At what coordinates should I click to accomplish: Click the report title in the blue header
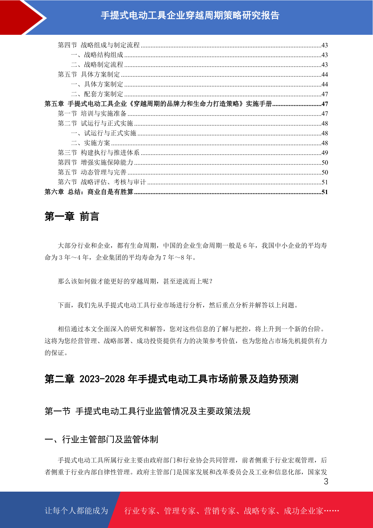[190, 15]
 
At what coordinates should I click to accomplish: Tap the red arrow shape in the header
[19, 17]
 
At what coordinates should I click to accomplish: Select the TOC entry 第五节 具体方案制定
[89, 75]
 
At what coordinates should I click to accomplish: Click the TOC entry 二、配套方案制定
[97, 94]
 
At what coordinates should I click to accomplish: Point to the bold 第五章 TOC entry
[158, 104]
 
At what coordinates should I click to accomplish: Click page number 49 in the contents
[324, 153]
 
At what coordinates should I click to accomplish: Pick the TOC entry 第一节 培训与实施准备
[92, 114]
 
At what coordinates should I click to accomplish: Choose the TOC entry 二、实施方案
[91, 143]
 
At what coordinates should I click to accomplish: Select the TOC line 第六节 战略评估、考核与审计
[102, 182]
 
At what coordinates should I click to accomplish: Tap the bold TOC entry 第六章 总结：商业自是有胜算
[89, 192]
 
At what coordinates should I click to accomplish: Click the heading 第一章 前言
[72, 216]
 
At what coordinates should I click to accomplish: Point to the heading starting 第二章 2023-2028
[171, 379]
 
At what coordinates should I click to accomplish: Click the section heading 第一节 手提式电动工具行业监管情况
[147, 411]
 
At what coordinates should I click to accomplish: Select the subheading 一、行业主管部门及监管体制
[101, 439]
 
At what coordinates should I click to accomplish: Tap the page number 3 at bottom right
[326, 482]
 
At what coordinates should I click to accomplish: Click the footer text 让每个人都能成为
[76, 511]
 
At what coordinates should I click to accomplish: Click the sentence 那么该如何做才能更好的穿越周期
[135, 281]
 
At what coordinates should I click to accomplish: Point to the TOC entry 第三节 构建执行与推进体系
[99, 153]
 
